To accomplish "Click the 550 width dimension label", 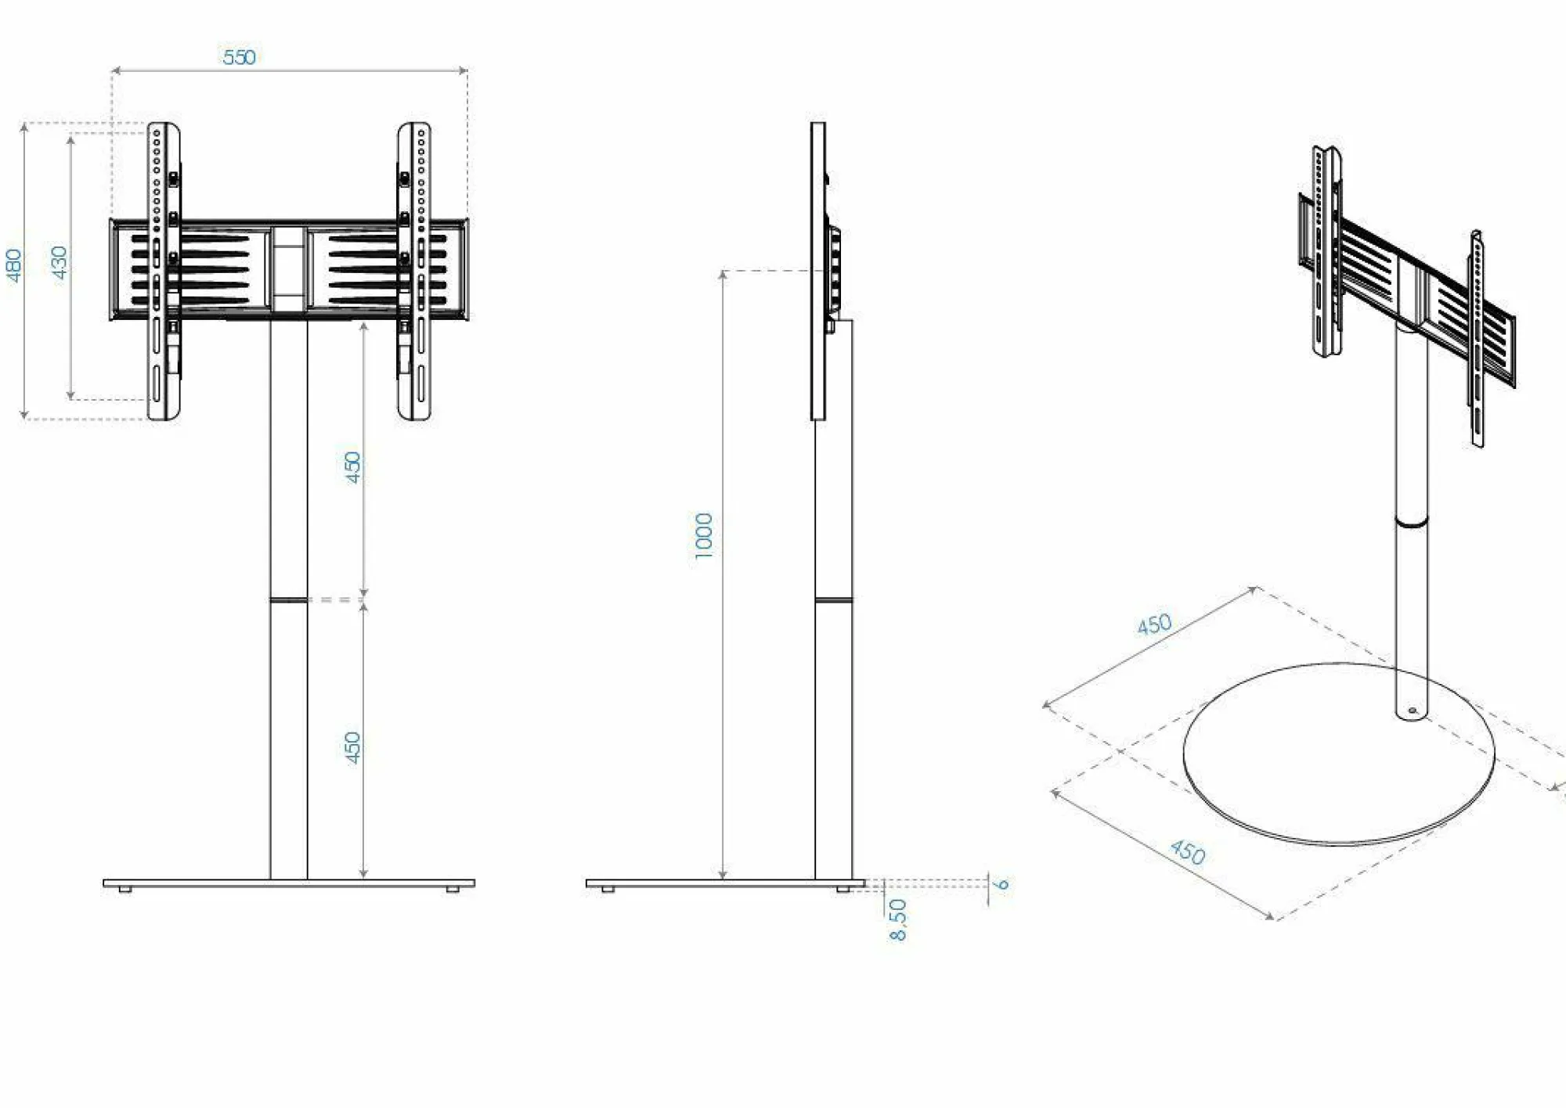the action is (x=239, y=57).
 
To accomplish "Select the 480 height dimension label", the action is (x=14, y=265).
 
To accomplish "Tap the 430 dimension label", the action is (x=60, y=262).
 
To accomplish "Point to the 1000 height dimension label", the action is (x=704, y=536).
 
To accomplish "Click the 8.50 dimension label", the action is (x=898, y=919).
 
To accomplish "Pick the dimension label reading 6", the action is (x=1001, y=884).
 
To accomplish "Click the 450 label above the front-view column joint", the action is (x=353, y=467).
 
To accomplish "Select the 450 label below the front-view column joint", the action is (x=353, y=747).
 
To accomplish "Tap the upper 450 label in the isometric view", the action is (x=1154, y=624).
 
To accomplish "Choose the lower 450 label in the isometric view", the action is (x=1188, y=851).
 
